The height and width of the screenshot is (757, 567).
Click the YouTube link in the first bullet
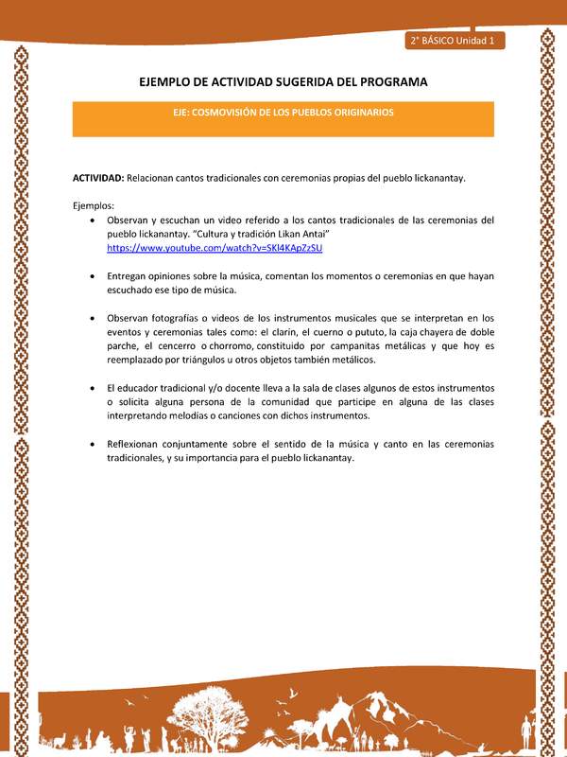[215, 247]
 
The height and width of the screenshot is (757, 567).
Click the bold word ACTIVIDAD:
[98, 178]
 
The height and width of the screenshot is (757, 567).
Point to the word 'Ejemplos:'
[93, 205]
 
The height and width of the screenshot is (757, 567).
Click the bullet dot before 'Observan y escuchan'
[91, 220]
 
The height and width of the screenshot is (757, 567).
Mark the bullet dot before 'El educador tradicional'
[91, 388]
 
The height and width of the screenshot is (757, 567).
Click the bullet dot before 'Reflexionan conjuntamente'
[91, 444]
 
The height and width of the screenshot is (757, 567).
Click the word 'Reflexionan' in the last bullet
[138, 444]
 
